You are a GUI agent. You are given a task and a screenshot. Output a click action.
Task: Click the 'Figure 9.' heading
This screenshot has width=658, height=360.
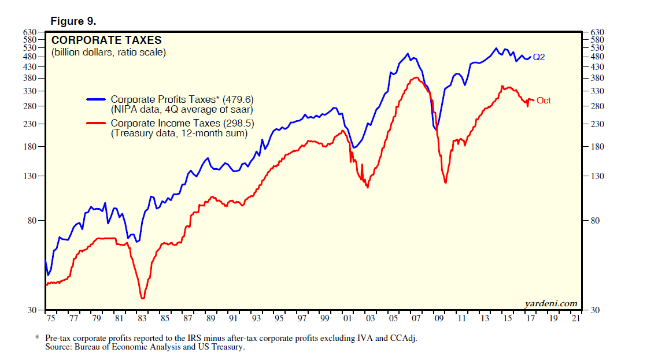(73, 21)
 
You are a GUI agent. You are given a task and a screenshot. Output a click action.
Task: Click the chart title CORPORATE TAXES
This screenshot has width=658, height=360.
(106, 40)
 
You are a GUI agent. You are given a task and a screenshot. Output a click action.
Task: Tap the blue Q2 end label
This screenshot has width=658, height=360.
(538, 57)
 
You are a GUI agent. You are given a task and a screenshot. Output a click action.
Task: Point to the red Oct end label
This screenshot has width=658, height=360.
(544, 101)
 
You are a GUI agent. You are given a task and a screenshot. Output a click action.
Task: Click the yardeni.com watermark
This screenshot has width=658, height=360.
(550, 303)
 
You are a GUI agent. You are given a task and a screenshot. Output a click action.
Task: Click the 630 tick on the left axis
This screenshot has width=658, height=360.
(30, 32)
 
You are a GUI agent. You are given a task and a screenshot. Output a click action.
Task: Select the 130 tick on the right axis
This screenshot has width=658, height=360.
(596, 176)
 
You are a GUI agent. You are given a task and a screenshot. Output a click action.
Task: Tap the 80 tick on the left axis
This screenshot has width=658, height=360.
(32, 221)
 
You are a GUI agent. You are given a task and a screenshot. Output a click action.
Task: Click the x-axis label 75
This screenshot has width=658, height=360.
(50, 318)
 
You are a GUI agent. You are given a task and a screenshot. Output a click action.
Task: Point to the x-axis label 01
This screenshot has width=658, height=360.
(347, 318)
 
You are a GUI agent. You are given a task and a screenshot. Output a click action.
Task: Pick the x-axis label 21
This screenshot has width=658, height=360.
(575, 318)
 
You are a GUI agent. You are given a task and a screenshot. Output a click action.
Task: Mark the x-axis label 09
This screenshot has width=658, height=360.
(438, 318)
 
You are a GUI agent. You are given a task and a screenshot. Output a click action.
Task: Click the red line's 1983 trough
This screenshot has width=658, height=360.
(142, 298)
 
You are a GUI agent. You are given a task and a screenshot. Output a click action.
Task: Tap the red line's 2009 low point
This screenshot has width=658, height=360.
(445, 183)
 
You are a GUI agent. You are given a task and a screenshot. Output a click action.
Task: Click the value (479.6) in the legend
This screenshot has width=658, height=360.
(236, 99)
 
